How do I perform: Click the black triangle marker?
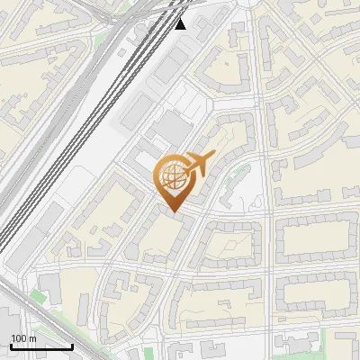coord(181,23)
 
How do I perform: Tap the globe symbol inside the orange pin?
coord(172,175)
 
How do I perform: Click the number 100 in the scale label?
coord(19,338)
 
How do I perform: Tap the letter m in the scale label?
coord(32,338)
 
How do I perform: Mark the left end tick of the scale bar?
coord(11,346)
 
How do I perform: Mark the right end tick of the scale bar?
coord(72,346)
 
